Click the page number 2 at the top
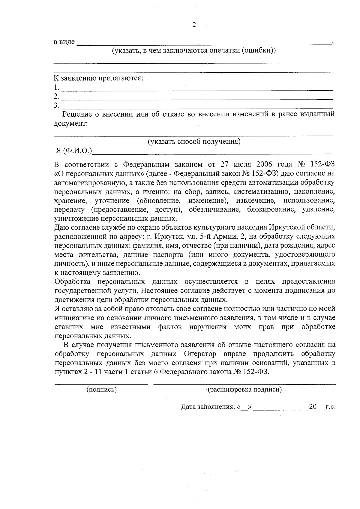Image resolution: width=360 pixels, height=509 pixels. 194,25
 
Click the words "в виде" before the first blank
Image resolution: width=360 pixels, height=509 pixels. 64,42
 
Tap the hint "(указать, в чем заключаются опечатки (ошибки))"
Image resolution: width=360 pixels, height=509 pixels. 194,50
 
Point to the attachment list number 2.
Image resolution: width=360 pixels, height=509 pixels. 56,96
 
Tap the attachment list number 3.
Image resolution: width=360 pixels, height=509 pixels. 56,105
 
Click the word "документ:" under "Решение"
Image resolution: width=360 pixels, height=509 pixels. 70,124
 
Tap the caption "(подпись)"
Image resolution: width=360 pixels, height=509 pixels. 101,390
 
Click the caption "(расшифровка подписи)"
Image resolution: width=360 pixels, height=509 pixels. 244,390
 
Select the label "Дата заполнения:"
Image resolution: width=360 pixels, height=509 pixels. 208,407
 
